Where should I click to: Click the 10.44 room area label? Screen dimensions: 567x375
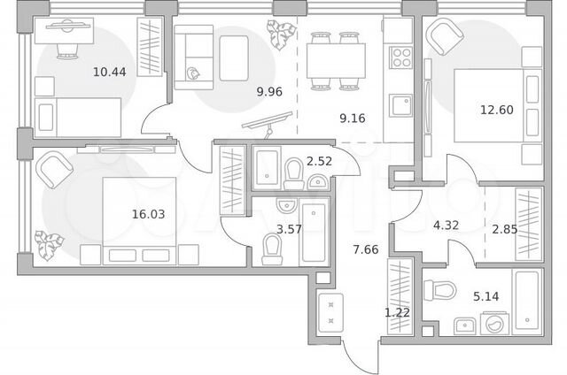[x=110, y=72]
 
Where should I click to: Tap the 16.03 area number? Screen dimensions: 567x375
[x=148, y=214]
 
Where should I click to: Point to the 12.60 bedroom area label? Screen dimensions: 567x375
[x=496, y=110]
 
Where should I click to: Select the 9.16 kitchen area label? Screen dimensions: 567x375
[x=353, y=118]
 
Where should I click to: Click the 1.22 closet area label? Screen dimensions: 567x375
[x=397, y=312]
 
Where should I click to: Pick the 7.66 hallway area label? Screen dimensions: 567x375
[x=366, y=249]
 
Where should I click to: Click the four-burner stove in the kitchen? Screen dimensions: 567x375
[x=401, y=57]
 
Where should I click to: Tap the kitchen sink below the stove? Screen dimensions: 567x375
[x=401, y=105]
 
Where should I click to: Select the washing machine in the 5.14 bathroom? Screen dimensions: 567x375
[x=494, y=324]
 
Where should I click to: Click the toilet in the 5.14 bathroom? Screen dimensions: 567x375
[x=439, y=290]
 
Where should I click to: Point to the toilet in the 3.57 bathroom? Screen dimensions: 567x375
[x=272, y=249]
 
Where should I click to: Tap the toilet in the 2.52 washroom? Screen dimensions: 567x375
[x=293, y=174]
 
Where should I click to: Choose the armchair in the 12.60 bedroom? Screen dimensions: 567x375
[x=445, y=37]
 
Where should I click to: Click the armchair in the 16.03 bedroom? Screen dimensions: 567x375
[x=55, y=170]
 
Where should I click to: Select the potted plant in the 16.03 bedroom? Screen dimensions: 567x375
[x=49, y=245]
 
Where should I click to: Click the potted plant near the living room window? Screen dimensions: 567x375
[x=281, y=34]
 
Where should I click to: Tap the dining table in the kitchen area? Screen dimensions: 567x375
[x=336, y=61]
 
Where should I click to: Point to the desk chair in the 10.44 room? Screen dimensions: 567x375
[x=67, y=51]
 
